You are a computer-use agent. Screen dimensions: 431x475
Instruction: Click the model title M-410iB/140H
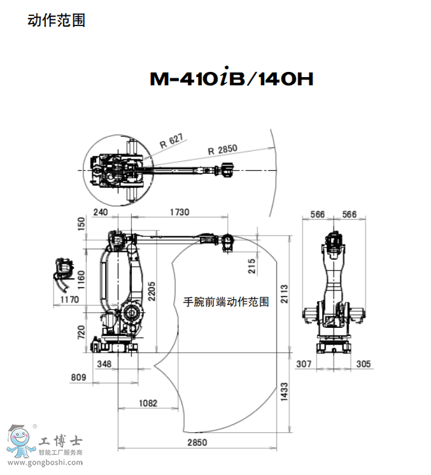pyautogui.click(x=232, y=77)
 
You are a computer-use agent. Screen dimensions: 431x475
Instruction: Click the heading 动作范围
pyautogui.click(x=56, y=20)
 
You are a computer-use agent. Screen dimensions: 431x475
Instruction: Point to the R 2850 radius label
pyautogui.click(x=223, y=150)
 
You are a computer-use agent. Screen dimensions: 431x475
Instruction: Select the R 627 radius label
pyautogui.click(x=172, y=141)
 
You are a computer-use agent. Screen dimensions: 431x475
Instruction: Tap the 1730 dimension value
pyautogui.click(x=180, y=212)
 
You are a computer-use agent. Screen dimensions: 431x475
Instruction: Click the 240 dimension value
pyautogui.click(x=101, y=212)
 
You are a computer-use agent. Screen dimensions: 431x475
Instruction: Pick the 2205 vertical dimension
pyautogui.click(x=152, y=291)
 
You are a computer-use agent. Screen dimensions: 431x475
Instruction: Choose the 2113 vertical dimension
pyautogui.click(x=284, y=294)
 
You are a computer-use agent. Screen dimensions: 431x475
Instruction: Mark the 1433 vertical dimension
pyautogui.click(x=284, y=392)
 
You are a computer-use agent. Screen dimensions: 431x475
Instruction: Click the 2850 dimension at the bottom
pyautogui.click(x=197, y=443)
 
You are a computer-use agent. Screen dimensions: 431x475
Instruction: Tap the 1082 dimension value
pyautogui.click(x=148, y=403)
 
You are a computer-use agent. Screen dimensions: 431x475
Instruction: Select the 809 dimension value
pyautogui.click(x=78, y=377)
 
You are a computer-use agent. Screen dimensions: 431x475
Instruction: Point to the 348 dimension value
pyautogui.click(x=104, y=364)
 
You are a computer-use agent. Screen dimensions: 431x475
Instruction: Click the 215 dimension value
pyautogui.click(x=251, y=266)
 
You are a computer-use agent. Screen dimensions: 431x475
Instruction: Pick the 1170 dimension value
pyautogui.click(x=69, y=300)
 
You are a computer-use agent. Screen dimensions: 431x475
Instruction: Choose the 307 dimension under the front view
pyautogui.click(x=304, y=364)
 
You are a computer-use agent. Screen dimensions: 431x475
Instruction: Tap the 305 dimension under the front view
pyautogui.click(x=364, y=364)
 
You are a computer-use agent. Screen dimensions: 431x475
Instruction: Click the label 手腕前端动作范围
pyautogui.click(x=226, y=302)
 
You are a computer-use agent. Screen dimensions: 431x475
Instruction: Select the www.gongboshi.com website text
pyautogui.click(x=45, y=462)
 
